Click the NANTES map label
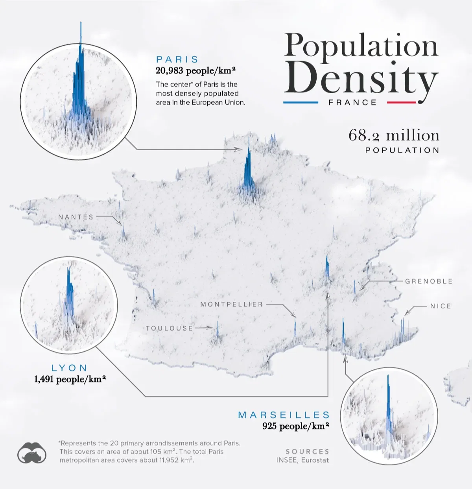point(76,217)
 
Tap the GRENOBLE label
point(429,281)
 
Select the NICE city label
point(441,306)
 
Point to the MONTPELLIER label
point(232,304)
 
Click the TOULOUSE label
point(169,328)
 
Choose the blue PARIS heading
point(177,59)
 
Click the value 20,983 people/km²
point(195,71)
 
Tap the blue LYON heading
point(70,368)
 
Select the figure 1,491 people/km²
point(70,379)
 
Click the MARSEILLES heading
point(284,415)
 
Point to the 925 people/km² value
point(295,426)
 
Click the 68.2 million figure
point(394,135)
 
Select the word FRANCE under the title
point(353,103)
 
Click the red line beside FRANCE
point(401,103)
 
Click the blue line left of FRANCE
point(301,103)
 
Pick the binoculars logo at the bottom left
point(32,452)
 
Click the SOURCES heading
point(308,452)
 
